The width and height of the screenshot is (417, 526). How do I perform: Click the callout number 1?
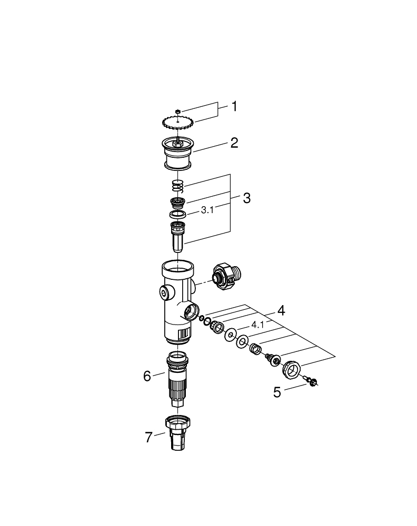(234, 107)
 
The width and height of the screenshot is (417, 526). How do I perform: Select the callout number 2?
(234, 143)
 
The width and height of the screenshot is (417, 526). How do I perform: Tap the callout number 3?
(246, 198)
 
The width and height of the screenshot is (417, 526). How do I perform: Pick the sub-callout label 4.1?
(257, 325)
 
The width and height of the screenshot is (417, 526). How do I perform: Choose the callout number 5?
(277, 392)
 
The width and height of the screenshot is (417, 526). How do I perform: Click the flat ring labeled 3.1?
(178, 214)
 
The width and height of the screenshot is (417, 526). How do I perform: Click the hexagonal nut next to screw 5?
(291, 369)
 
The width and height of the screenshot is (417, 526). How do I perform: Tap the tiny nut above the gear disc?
(178, 111)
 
